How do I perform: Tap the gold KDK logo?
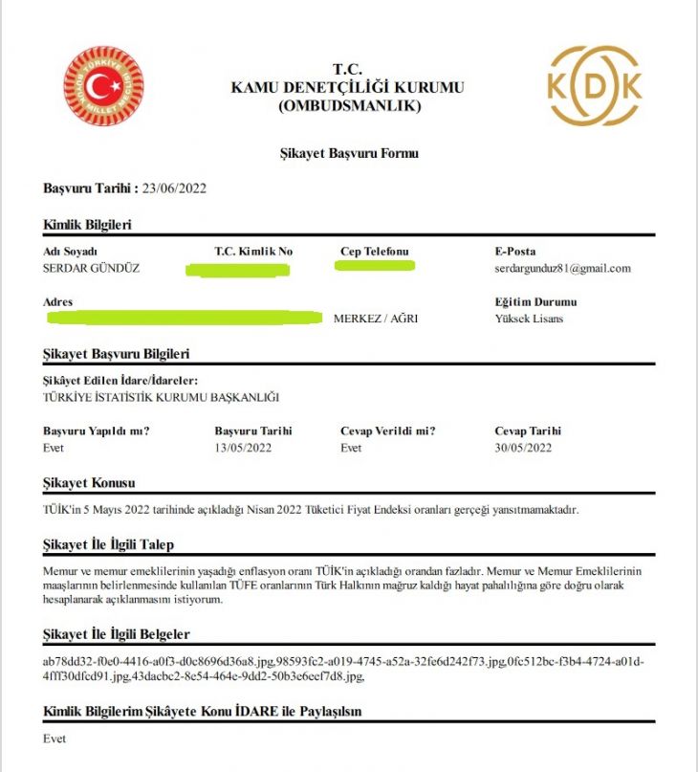point(594,87)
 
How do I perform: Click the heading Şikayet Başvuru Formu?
point(349,153)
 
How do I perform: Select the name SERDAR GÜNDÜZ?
point(92,269)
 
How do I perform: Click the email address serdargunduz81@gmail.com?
point(562,269)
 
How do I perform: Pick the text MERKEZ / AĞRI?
point(375,319)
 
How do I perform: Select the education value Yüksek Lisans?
point(529,319)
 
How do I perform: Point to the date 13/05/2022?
point(244,448)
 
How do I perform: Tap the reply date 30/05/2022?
point(523,448)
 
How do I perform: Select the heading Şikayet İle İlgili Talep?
point(109,545)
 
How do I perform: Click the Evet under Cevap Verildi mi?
point(351,448)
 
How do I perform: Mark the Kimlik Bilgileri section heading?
point(88,225)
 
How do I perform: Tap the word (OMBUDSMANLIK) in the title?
point(349,106)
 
